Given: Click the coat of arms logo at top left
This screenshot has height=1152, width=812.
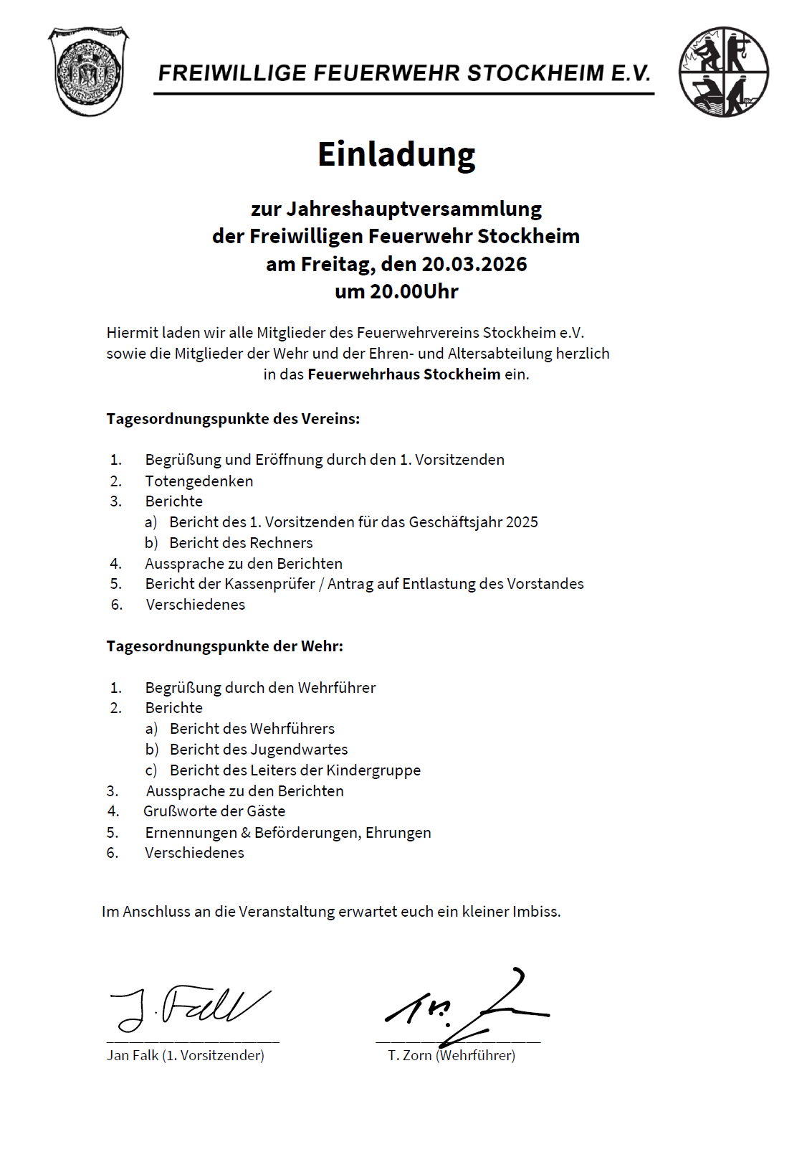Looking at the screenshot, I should [88, 71].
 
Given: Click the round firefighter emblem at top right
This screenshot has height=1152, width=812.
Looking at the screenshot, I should [723, 72].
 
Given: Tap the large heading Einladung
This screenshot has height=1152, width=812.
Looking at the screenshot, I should [396, 155].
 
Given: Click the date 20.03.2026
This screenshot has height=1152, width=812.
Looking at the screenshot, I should [474, 264].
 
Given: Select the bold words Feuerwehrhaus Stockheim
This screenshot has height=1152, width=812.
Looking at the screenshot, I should [403, 374].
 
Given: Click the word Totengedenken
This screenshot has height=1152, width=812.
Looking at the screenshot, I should [199, 481].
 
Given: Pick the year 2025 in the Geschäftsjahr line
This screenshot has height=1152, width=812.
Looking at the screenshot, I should [522, 522].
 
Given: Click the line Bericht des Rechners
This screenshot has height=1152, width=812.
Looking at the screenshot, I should [241, 543].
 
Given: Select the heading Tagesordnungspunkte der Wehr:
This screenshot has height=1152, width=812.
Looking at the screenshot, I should [224, 646].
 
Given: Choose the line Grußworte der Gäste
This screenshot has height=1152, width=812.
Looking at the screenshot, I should [214, 811].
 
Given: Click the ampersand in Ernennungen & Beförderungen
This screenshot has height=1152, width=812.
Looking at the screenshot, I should [246, 833].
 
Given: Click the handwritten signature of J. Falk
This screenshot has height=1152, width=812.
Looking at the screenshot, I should [191, 1006].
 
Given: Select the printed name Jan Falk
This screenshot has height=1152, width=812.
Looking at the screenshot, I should [133, 1055].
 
